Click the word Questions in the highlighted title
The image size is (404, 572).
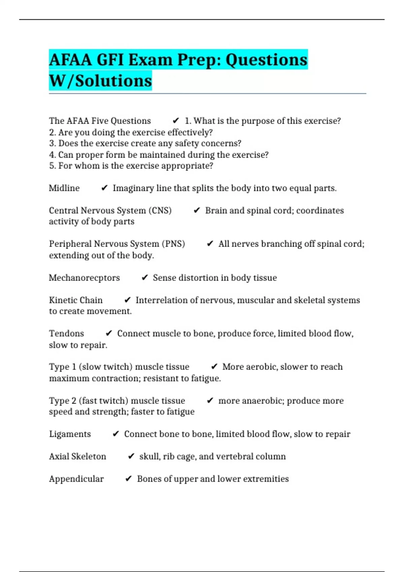266,60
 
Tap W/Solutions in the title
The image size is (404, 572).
100,81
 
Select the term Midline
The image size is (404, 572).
64,188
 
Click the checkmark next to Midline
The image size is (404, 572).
104,188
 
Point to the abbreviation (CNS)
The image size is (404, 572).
160,211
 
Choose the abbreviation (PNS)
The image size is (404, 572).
173,244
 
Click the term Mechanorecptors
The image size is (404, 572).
84,278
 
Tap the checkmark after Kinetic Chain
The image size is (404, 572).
127,300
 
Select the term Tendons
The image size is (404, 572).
66,333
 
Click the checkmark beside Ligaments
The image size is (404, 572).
115,434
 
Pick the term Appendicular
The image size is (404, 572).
76,479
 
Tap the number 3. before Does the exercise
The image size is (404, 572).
52,143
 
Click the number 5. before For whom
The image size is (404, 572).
52,166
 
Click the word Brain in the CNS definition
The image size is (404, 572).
216,211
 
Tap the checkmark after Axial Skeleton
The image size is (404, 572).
131,457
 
